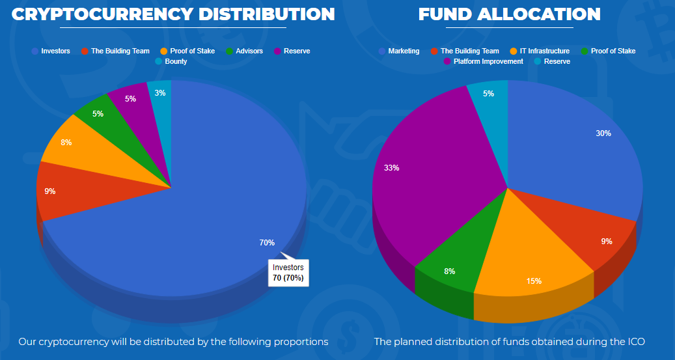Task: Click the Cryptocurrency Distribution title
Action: coord(173,14)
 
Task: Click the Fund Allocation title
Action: coord(509,14)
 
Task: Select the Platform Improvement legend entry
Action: coord(488,61)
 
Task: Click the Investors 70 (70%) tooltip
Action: coord(288,272)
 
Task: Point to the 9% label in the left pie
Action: coord(50,191)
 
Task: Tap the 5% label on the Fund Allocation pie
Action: coord(489,94)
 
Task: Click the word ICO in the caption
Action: coord(637,342)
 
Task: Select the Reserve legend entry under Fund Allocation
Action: coord(557,61)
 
